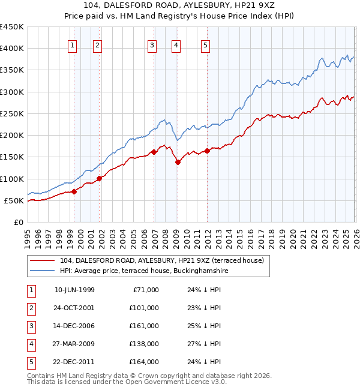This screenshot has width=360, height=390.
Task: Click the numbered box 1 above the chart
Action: (73, 44)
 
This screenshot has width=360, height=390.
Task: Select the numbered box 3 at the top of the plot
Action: (152, 44)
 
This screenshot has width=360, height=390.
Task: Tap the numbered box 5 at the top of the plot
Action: (205, 44)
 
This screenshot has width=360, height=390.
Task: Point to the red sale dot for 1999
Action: (74, 191)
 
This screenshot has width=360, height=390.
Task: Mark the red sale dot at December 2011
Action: (207, 151)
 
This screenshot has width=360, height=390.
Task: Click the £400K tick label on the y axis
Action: (12, 49)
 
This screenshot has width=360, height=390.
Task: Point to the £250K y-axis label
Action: (12, 113)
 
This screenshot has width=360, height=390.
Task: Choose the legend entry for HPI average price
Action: (144, 271)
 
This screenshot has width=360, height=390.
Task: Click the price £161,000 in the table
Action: (144, 326)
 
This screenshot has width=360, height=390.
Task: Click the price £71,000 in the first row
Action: (146, 290)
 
